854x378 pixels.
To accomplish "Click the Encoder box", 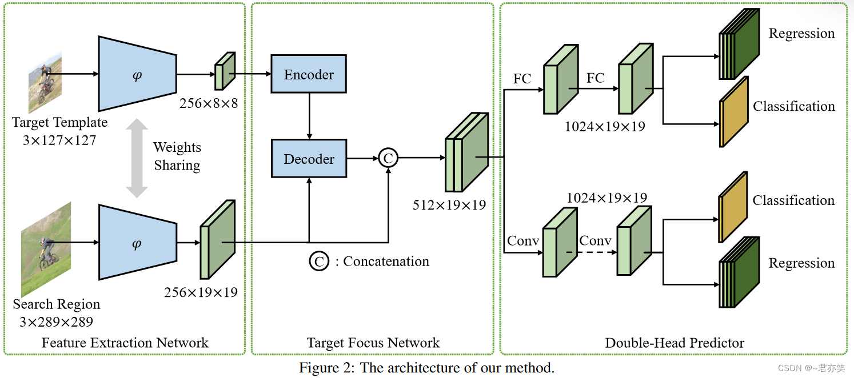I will [x=309, y=74].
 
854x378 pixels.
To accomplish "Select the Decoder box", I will [x=309, y=159].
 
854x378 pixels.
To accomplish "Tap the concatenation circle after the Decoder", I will [x=388, y=158].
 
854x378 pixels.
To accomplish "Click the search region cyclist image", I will [x=46, y=248].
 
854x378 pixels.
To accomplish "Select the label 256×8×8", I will [x=209, y=103].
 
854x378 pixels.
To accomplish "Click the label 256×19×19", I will [x=201, y=292].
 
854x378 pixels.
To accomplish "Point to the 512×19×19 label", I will [x=449, y=204].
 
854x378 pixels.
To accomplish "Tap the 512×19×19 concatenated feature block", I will [x=466, y=152].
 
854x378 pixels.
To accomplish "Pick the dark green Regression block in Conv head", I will [x=739, y=273].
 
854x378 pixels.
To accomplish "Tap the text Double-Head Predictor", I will [x=675, y=343].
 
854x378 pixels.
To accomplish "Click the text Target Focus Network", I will [x=373, y=343].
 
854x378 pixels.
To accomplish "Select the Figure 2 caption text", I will [x=426, y=367].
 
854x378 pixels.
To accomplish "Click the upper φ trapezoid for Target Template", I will [x=137, y=74].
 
